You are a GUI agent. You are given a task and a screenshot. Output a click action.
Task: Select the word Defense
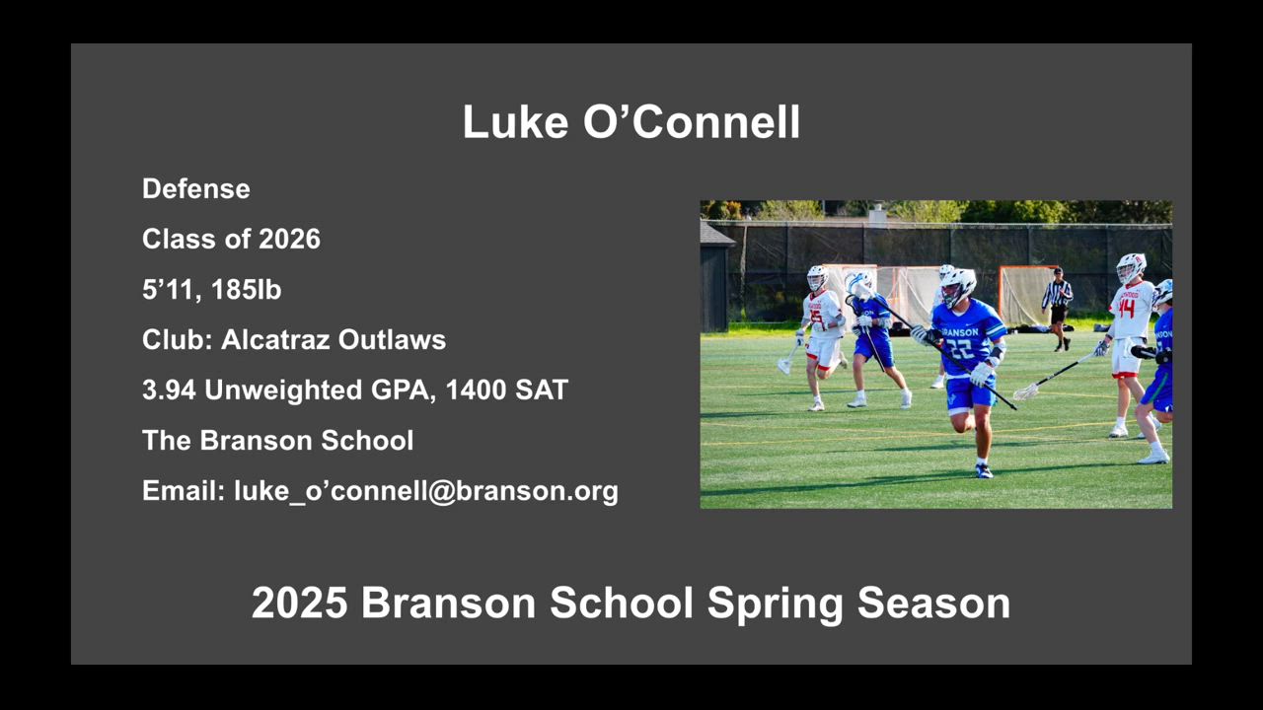pyautogui.click(x=196, y=188)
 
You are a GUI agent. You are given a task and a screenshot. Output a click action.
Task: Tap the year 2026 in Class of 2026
pyautogui.click(x=289, y=239)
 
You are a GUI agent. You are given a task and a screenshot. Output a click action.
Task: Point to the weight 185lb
pyautogui.click(x=246, y=290)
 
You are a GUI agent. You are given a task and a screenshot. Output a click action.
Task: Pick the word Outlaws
pyautogui.click(x=392, y=340)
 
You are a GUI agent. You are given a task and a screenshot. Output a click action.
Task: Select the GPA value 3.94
pyautogui.click(x=169, y=390)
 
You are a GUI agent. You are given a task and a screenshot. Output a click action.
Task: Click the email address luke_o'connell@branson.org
pyautogui.click(x=426, y=491)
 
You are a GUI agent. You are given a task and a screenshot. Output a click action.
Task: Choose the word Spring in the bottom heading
pyautogui.click(x=776, y=604)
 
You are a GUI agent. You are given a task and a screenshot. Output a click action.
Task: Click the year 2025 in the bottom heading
pyautogui.click(x=299, y=603)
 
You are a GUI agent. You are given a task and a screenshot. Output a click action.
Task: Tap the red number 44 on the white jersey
pyautogui.click(x=1127, y=309)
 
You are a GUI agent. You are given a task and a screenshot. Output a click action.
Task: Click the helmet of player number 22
pyautogui.click(x=957, y=286)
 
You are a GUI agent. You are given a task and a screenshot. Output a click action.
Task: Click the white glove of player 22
pyautogui.click(x=982, y=374)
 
